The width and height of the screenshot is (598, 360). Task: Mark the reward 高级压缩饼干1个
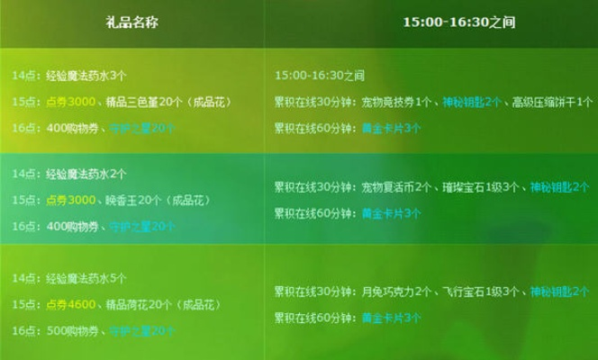coord(551,103)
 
